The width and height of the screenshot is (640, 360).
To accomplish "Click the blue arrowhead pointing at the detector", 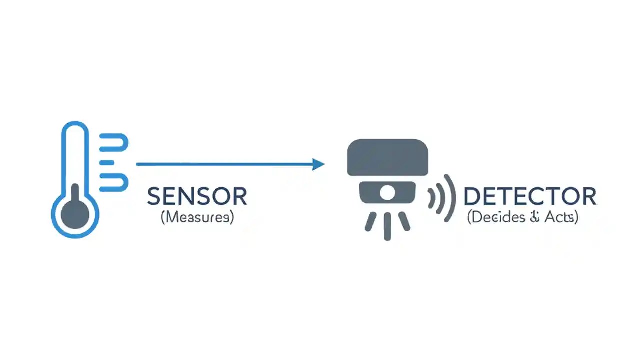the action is [x=318, y=164].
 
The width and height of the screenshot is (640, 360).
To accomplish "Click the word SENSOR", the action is [x=197, y=197].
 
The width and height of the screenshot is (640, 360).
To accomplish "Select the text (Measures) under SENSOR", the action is [x=197, y=218].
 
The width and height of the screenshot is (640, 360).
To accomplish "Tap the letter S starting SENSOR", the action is [x=153, y=197].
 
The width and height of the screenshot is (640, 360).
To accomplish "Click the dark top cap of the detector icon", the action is [x=387, y=156].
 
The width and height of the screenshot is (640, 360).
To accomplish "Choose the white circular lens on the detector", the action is [x=387, y=192].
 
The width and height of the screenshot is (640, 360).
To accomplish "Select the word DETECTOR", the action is [x=530, y=197].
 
